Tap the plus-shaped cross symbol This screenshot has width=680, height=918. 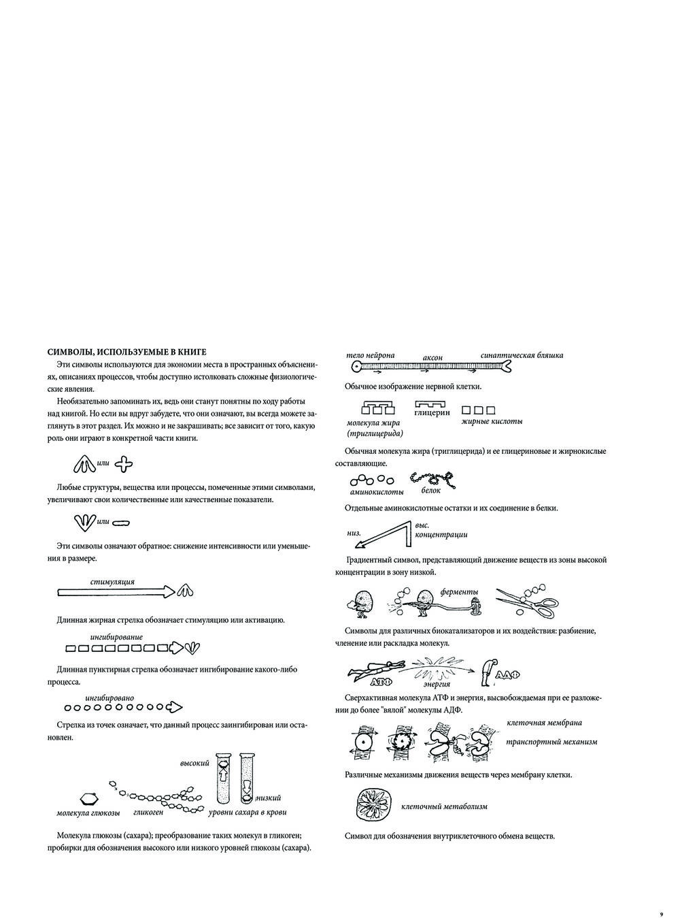coord(124,465)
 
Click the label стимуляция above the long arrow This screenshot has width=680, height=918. coord(112,582)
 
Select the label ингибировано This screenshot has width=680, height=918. coord(109,698)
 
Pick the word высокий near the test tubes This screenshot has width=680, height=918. coord(194,764)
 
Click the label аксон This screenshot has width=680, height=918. coord(432,358)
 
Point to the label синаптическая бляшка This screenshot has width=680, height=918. coord(522,355)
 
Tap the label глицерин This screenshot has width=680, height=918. coord(432,412)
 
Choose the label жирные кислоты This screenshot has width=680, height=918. coord(492,421)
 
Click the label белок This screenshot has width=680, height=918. coord(430,491)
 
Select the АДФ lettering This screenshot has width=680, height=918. coord(508,675)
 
